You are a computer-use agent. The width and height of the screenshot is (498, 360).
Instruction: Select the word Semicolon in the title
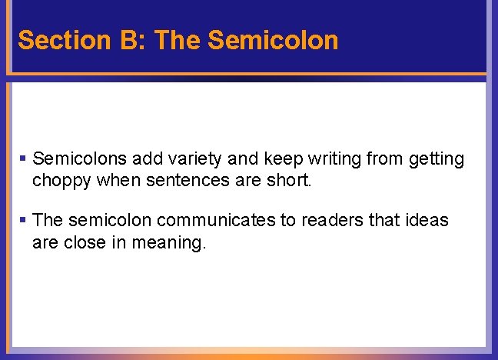coord(273,39)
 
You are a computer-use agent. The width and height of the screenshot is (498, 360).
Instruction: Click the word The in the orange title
coord(179,39)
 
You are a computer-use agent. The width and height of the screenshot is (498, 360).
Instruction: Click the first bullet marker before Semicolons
coord(23,158)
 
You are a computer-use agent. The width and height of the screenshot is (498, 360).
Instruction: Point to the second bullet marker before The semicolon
coord(23,220)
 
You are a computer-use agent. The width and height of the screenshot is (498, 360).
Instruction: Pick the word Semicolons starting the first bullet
coord(81,159)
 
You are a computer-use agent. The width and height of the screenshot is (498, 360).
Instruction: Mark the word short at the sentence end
coord(288,182)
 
